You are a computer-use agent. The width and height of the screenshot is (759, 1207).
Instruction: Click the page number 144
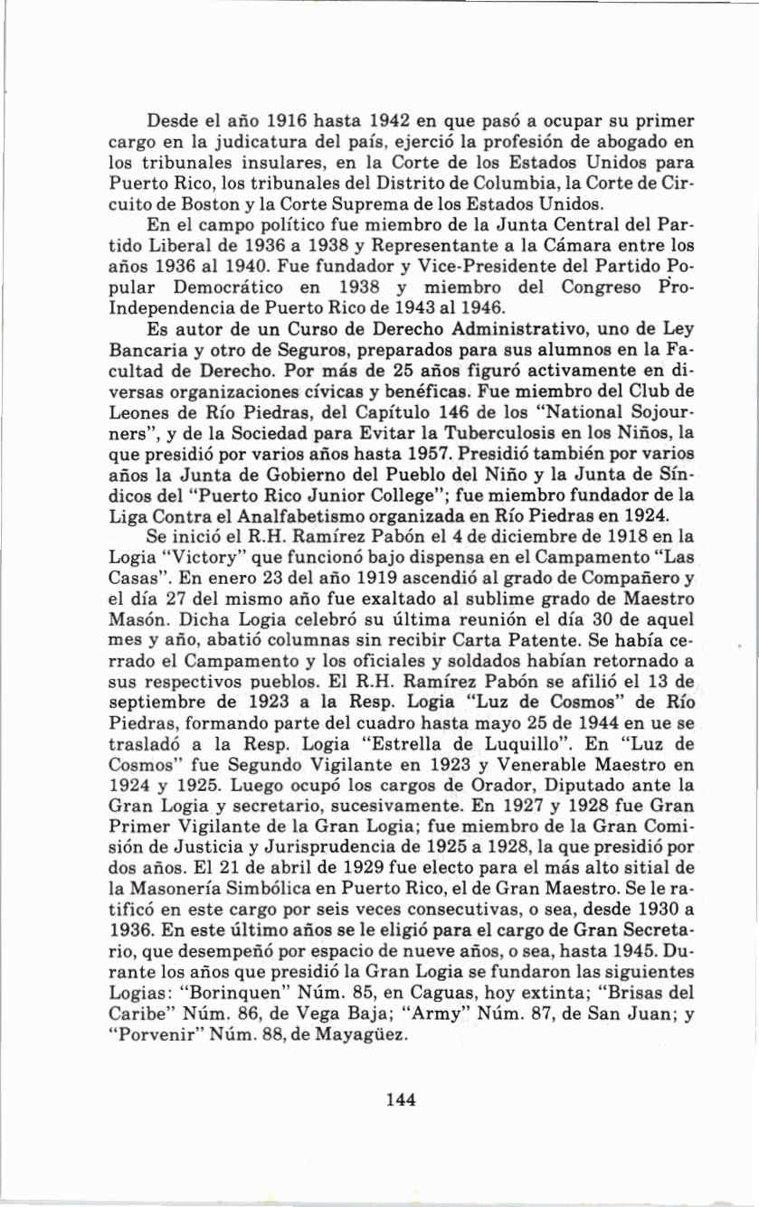click(x=399, y=1099)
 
